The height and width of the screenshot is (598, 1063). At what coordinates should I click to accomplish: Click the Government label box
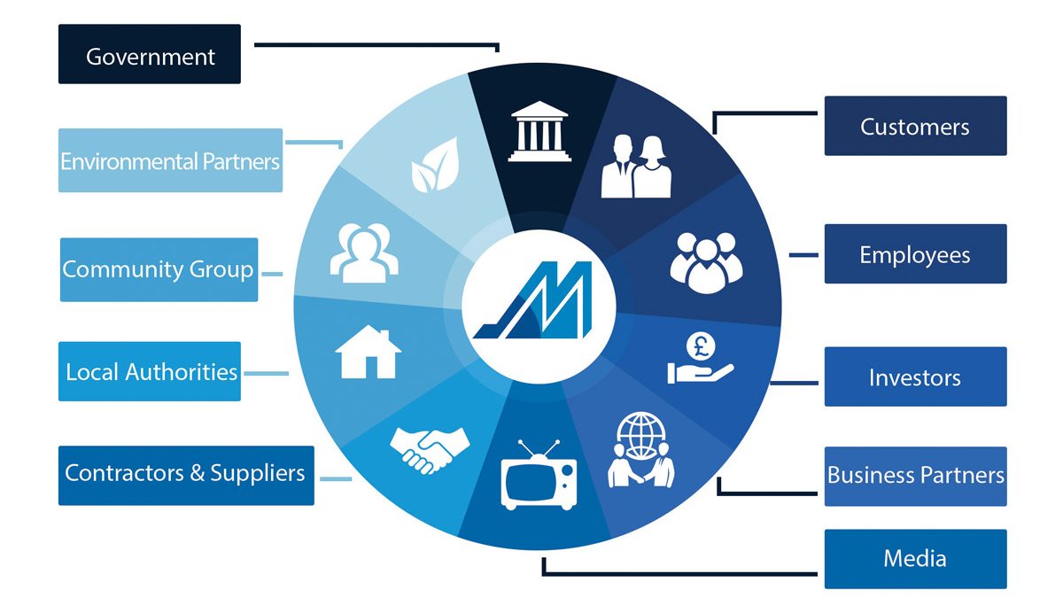point(150,54)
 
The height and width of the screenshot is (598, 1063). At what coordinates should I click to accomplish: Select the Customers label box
point(915,126)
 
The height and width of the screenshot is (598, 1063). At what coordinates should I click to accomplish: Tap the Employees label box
point(915,254)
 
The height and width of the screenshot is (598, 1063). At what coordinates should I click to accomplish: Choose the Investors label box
point(915,377)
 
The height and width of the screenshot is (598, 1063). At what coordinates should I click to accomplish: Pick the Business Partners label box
point(915,477)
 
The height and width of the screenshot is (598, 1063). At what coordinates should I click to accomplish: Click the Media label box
point(915,559)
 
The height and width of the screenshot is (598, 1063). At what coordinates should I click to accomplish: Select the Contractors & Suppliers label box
point(186,476)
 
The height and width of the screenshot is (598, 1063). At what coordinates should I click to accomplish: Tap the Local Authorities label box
point(150,371)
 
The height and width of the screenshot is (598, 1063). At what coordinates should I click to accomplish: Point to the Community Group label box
point(159,269)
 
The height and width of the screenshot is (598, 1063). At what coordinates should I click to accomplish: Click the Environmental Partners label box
point(170,160)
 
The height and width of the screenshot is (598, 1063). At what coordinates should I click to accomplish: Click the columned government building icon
point(539,131)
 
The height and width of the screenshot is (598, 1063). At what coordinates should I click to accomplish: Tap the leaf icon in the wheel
point(435,165)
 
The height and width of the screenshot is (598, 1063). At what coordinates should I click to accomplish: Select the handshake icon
point(430,450)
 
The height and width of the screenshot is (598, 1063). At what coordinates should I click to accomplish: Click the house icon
point(368,353)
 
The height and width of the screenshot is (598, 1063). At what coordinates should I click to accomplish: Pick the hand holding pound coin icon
point(701,358)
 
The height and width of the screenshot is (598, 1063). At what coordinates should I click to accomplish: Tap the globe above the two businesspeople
point(640,435)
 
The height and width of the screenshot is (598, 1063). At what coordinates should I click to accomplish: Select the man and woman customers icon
point(636,167)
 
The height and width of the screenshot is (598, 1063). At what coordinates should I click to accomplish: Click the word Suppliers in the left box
point(257,473)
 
